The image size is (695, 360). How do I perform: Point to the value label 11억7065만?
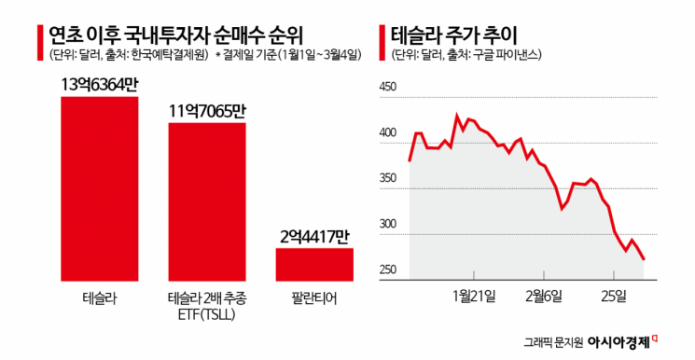(207, 111)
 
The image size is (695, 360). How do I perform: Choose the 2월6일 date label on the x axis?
(546, 296)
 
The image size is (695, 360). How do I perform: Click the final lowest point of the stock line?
(644, 259)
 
